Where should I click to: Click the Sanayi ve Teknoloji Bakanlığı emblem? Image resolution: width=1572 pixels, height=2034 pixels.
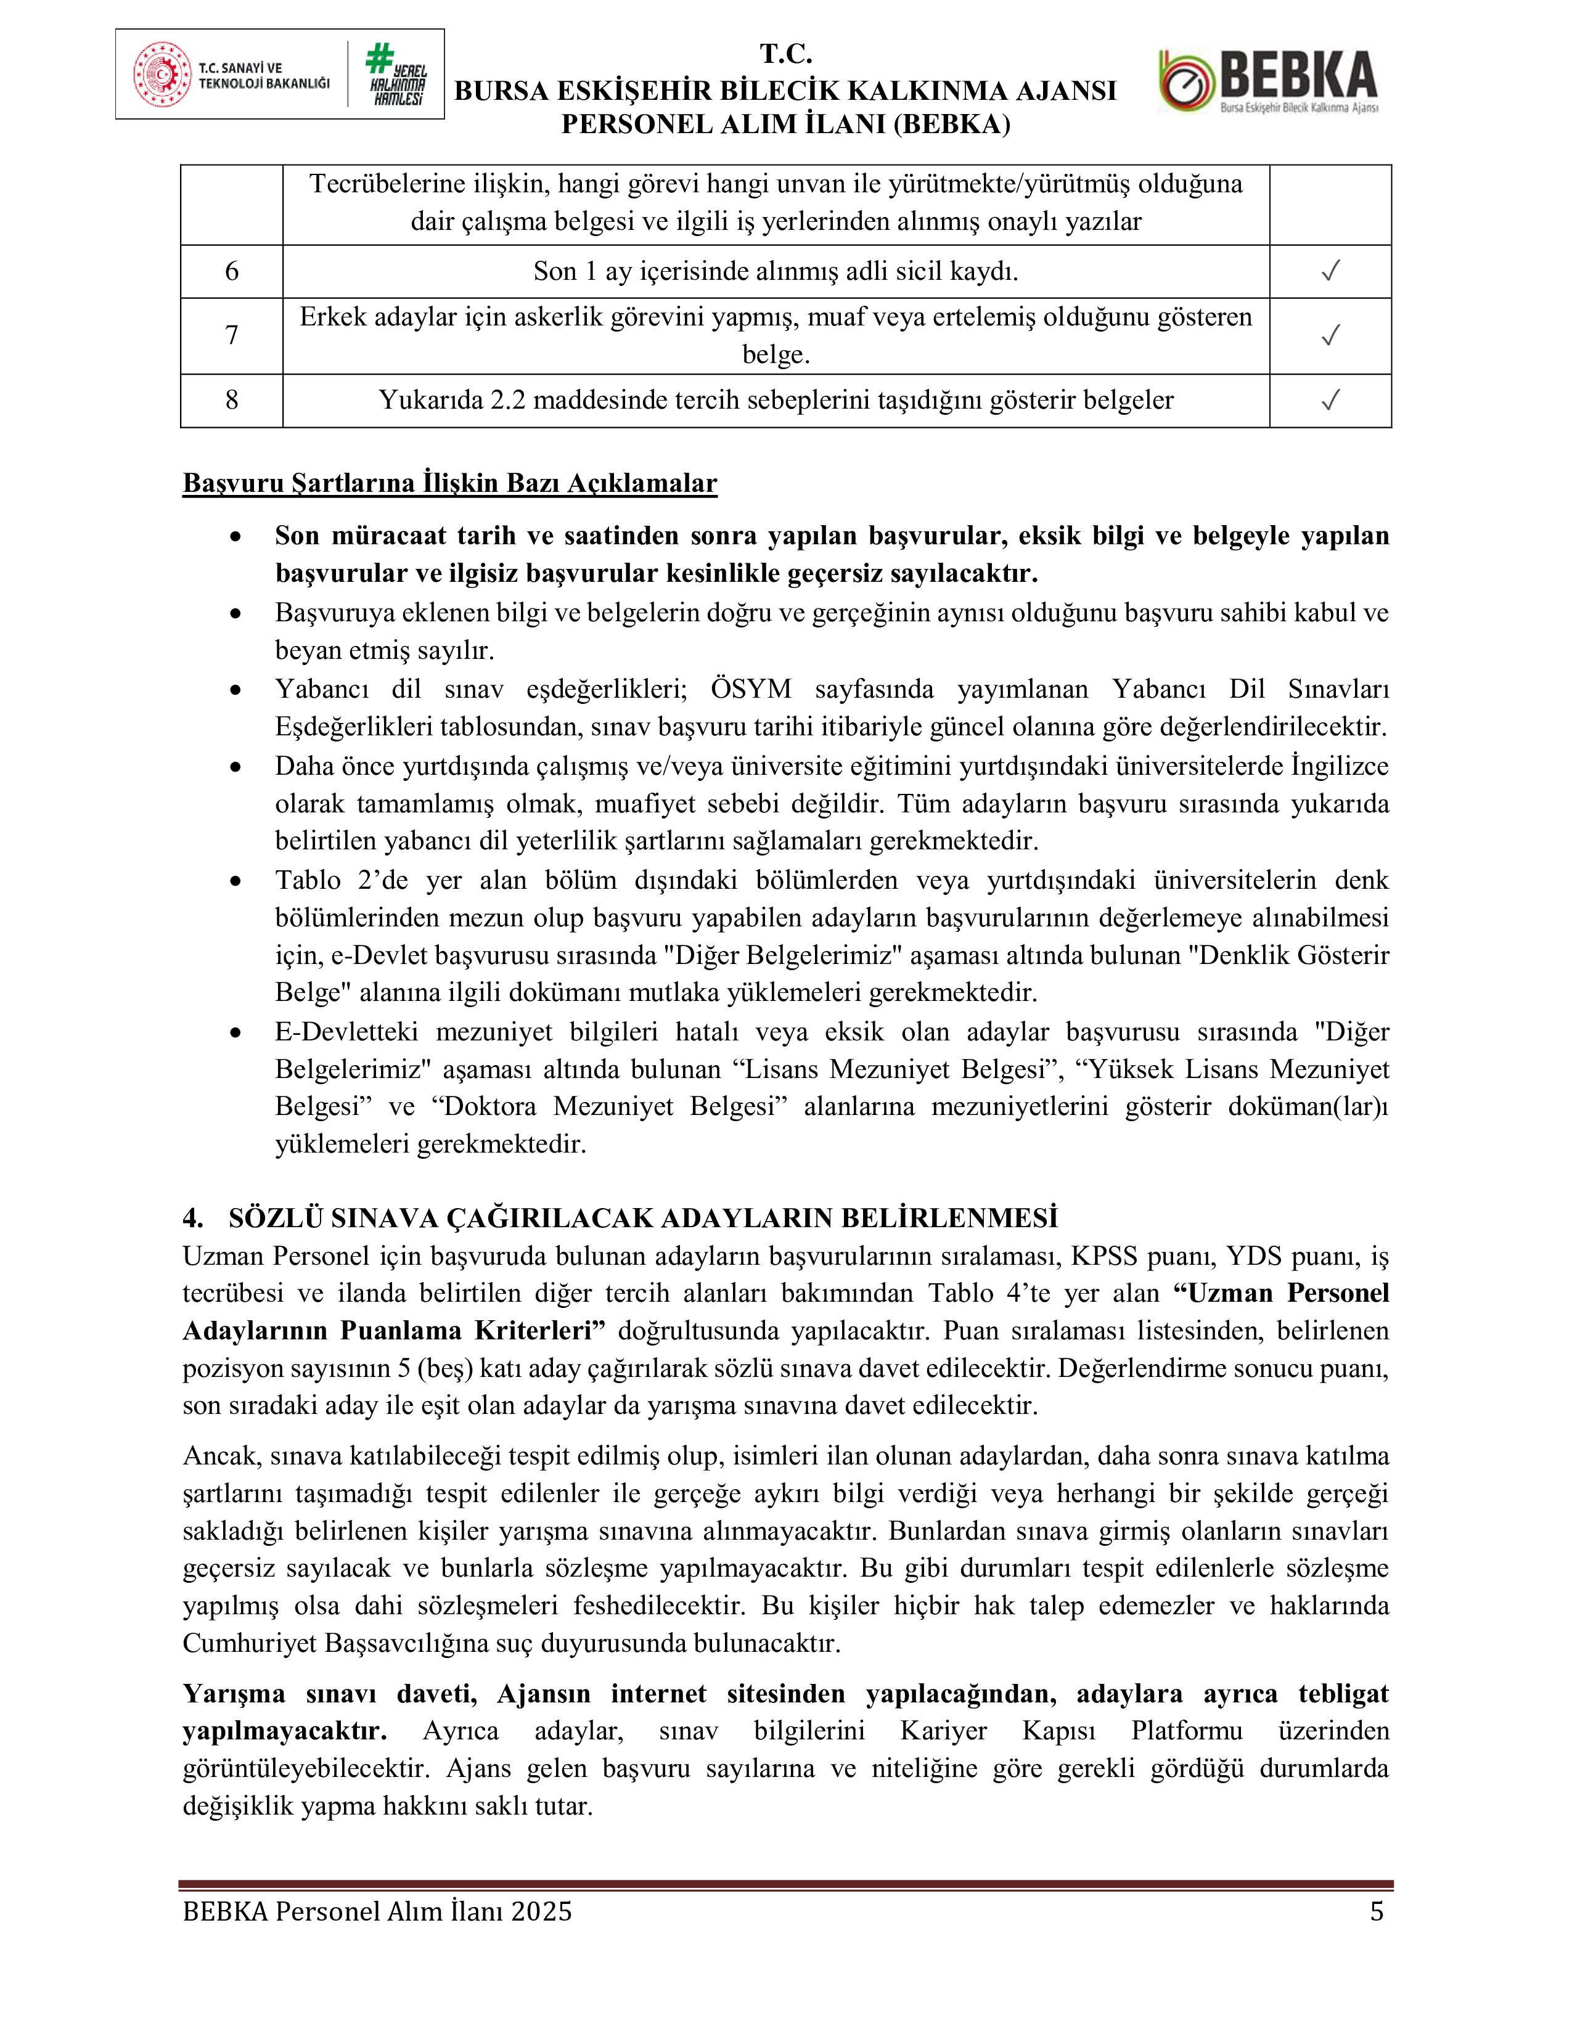[162, 75]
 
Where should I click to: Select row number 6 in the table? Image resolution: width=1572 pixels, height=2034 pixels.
[232, 271]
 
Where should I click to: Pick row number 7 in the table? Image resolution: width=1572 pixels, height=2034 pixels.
[232, 335]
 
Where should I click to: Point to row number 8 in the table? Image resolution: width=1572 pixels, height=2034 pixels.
[232, 401]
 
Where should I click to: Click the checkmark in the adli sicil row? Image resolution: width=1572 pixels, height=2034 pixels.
[1330, 271]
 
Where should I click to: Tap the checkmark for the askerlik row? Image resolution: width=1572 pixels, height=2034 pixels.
[1330, 335]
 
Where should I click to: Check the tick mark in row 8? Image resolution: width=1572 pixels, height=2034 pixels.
[1330, 401]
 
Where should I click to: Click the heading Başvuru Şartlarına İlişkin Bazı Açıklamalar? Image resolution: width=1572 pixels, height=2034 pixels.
[450, 483]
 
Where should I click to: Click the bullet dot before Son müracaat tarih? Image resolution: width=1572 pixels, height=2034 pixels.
[237, 537]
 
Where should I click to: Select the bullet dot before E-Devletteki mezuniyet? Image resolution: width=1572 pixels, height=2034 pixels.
[237, 1034]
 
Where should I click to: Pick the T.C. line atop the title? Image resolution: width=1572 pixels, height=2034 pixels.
[786, 55]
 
